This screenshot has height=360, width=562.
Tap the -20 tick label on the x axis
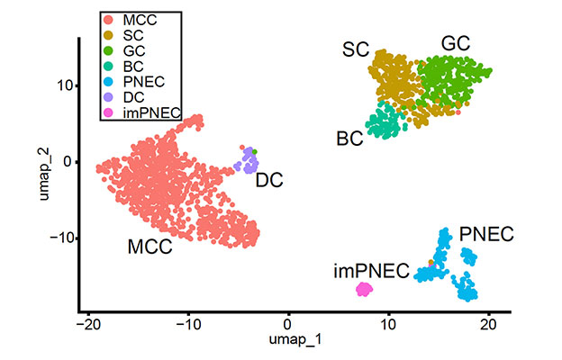pyautogui.click(x=87, y=322)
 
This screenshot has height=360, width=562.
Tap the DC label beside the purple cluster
pyautogui.click(x=269, y=180)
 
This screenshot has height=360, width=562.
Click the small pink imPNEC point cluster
pyautogui.click(x=364, y=289)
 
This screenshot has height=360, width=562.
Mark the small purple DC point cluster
pyautogui.click(x=246, y=164)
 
